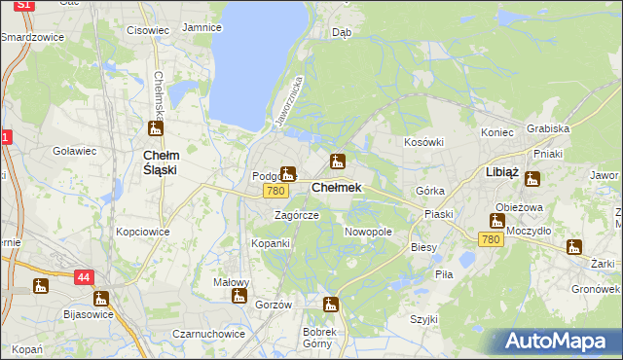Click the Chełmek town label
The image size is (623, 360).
coord(336,187)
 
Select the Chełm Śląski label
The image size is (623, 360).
coord(159,162)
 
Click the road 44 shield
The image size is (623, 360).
coord(83,277)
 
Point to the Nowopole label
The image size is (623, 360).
coord(368,232)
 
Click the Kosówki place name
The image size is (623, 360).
coord(423,142)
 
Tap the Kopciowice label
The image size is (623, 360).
coord(143,232)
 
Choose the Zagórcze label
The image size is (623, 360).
coord(296,215)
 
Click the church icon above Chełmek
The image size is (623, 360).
coord(337,162)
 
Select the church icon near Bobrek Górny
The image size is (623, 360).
coord(331,305)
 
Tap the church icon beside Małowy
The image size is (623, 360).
coord(239,294)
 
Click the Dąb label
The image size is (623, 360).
coord(342,31)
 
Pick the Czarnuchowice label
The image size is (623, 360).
coord(209,333)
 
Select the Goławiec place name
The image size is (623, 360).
coord(74,151)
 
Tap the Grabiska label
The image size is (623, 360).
coord(547,127)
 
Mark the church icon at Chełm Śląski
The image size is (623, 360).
coord(155,127)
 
